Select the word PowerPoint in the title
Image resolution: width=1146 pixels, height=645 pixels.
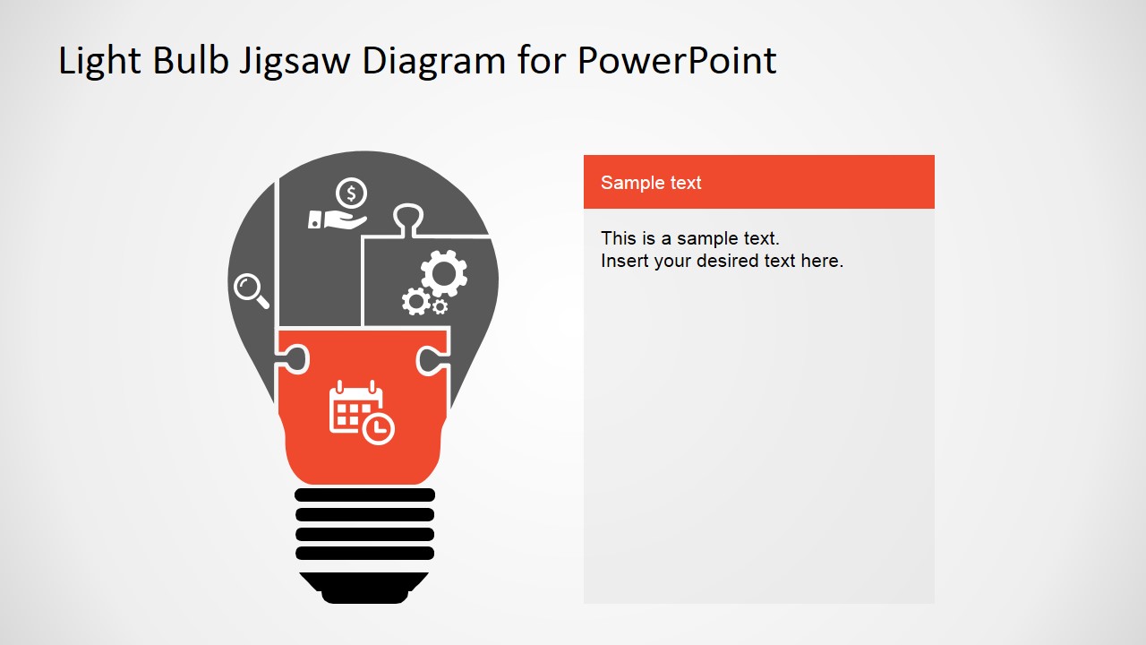(x=677, y=61)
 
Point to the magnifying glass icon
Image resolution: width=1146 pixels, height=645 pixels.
(x=251, y=290)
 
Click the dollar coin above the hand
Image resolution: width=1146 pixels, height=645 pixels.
(x=352, y=193)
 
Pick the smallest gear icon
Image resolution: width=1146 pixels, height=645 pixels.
(x=440, y=306)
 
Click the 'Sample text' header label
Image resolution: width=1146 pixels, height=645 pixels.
(x=651, y=183)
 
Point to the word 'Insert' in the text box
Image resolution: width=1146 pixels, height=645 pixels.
(x=624, y=262)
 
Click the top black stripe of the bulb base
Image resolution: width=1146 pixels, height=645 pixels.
(x=364, y=494)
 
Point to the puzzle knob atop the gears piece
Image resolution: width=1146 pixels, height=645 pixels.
(x=408, y=218)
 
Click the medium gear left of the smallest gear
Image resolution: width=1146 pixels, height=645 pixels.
(x=415, y=301)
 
